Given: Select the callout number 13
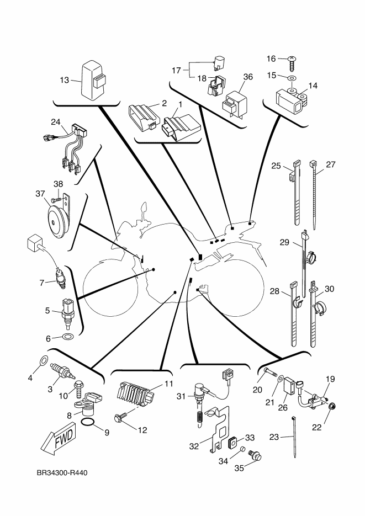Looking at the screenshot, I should pyautogui.click(x=64, y=79).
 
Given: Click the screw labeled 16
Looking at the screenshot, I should pyautogui.click(x=292, y=59).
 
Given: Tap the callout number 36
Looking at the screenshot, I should pyautogui.click(x=247, y=77).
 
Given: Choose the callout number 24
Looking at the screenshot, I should pyautogui.click(x=55, y=121).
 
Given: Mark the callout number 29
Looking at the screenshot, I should pyautogui.click(x=284, y=242).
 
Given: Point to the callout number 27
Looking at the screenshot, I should pyautogui.click(x=331, y=165).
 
